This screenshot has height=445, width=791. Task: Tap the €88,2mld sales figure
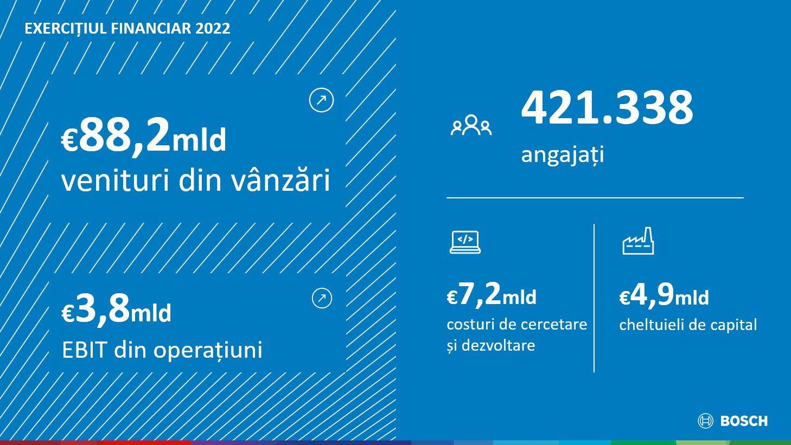(143, 136)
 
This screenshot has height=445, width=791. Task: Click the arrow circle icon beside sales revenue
(321, 100)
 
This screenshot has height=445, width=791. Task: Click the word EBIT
(84, 350)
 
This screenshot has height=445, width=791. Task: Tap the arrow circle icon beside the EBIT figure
(322, 298)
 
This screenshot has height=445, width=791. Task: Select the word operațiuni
(208, 351)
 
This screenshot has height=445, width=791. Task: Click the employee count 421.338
(607, 107)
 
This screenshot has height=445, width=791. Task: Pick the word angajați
(563, 155)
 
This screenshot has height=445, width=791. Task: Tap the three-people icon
(471, 125)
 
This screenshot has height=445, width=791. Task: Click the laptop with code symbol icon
(465, 242)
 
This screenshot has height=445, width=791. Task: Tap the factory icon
(638, 241)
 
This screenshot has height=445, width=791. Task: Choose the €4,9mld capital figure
(664, 295)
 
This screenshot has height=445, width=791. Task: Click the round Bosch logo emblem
(705, 421)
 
